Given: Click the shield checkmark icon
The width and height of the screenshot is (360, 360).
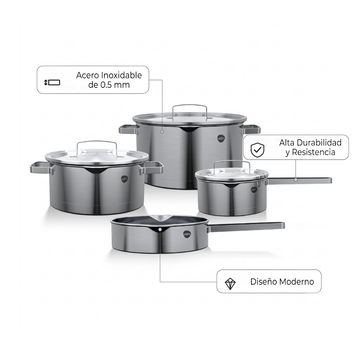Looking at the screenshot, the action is (257, 150).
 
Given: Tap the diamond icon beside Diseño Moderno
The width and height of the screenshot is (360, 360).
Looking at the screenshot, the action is (230, 284).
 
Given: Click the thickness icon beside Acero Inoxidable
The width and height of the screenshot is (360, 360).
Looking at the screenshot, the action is (52, 82).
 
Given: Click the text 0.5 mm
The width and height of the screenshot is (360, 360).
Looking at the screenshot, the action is (115, 85).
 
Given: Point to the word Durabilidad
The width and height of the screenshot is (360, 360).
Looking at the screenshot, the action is (319, 143).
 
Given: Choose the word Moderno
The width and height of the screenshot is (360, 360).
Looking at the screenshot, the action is (296, 282).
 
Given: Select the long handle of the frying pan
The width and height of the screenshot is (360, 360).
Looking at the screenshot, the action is (246, 227).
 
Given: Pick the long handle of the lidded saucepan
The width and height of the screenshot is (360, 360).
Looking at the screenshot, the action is (299, 181).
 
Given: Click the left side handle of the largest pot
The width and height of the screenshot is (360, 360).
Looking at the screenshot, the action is (128, 129).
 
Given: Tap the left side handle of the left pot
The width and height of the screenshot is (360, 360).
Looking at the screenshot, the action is (41, 167).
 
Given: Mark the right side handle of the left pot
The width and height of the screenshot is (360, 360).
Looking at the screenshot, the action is (152, 167).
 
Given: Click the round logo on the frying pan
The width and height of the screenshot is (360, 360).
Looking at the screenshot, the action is (187, 234).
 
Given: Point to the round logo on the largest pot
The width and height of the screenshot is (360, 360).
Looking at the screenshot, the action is (221, 138).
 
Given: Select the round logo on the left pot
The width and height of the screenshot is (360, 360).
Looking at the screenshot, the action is (124, 179).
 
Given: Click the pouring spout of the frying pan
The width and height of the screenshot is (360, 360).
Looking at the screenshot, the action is (160, 218).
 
